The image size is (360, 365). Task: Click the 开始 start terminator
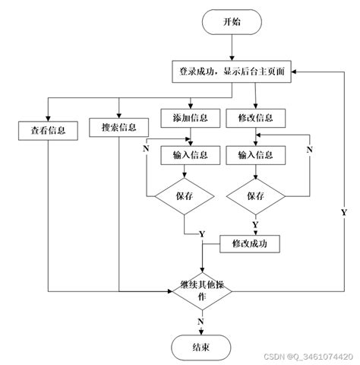click(x=232, y=22)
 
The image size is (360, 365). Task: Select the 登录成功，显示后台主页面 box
click(x=232, y=71)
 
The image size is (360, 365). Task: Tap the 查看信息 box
click(x=48, y=131)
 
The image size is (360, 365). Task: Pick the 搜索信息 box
click(x=118, y=127)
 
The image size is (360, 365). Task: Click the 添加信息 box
click(x=191, y=118)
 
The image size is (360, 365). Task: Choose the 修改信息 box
click(x=256, y=118)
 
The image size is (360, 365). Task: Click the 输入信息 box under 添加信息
click(x=191, y=155)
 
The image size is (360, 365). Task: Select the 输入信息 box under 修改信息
click(x=256, y=155)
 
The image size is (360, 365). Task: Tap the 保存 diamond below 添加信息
click(x=185, y=196)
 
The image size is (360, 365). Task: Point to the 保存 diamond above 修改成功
click(x=256, y=196)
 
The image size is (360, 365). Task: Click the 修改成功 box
click(x=250, y=244)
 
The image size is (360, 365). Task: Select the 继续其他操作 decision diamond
click(x=202, y=291)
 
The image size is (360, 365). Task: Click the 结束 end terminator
click(x=201, y=348)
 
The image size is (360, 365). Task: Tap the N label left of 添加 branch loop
click(x=146, y=148)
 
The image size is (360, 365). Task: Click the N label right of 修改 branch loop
click(x=310, y=150)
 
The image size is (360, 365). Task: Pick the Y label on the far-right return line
click(x=344, y=212)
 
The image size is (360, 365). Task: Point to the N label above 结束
click(x=201, y=322)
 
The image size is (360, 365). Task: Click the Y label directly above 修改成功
click(x=255, y=224)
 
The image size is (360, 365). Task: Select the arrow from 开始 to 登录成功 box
click(x=232, y=48)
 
